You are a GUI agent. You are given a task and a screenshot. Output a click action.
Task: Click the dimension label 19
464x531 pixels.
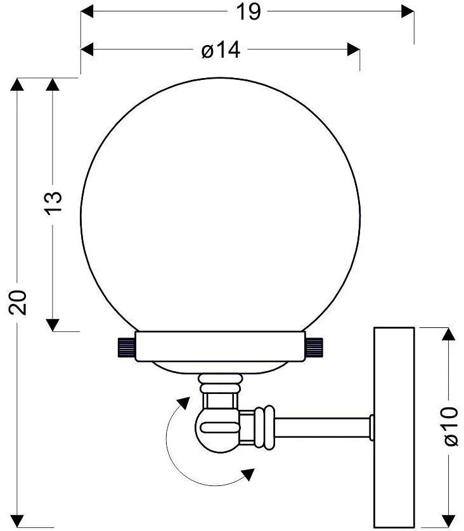(248, 12)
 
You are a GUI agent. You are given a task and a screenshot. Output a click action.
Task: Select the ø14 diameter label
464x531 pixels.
(221, 50)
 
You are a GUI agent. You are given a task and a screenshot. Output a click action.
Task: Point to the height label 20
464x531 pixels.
(18, 303)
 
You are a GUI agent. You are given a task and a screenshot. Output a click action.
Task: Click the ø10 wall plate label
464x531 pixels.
(449, 426)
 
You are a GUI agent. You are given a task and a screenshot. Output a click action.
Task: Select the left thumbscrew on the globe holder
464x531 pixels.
(126, 347)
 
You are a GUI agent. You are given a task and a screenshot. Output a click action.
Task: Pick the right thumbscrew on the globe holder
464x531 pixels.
(314, 347)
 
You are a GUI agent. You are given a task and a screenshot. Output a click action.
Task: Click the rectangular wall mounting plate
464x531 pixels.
(394, 428)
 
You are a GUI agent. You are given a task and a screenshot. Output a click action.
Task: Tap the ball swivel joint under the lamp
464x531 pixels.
(217, 429)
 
